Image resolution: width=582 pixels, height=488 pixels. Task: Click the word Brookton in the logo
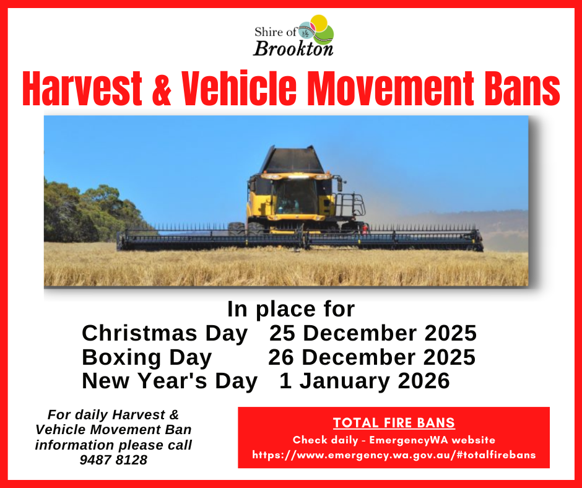(293, 48)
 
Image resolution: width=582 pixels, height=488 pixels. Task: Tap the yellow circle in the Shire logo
(319, 23)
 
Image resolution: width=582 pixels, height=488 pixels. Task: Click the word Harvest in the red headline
(82, 89)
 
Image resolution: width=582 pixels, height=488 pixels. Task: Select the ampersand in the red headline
(162, 89)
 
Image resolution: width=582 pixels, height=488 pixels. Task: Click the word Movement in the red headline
(391, 89)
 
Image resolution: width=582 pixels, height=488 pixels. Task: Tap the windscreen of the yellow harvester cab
(295, 196)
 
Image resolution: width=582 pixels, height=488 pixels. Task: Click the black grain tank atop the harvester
(293, 160)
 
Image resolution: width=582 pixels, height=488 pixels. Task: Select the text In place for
(291, 309)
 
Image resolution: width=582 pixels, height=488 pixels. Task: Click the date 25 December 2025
(373, 333)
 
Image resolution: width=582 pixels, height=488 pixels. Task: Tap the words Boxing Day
(147, 357)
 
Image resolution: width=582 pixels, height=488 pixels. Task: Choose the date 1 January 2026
(365, 381)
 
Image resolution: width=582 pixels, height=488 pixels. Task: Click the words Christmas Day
(165, 333)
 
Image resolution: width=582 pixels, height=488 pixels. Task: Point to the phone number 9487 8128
(113, 460)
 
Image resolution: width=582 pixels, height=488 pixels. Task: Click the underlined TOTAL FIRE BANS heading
(394, 423)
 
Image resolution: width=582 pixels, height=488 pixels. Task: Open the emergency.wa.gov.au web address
(394, 455)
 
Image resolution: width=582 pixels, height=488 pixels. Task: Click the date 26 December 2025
(372, 357)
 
